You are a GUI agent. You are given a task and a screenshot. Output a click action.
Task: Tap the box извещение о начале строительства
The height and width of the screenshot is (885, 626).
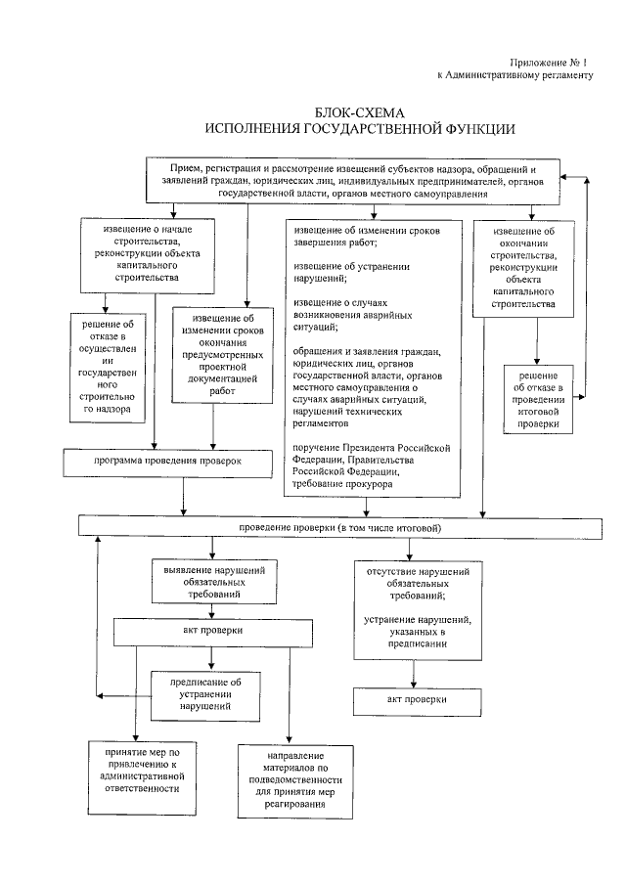pos(147,254)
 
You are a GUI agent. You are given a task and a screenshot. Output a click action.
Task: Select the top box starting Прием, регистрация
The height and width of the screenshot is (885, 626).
pos(353,182)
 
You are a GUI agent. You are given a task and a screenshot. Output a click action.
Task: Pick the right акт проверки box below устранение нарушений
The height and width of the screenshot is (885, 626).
pos(417,700)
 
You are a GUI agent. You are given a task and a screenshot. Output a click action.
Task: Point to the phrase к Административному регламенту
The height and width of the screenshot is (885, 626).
pos(514,76)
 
